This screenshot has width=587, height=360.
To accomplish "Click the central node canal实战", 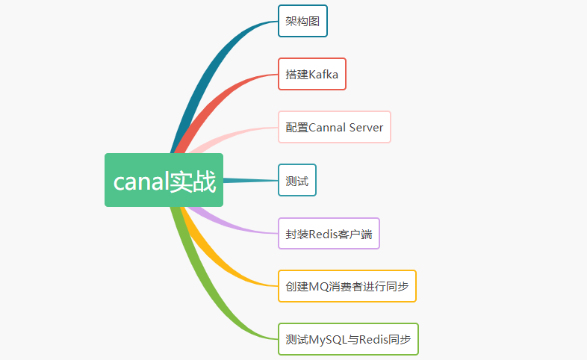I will click(x=164, y=180).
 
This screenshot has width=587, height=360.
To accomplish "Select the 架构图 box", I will click(x=302, y=21).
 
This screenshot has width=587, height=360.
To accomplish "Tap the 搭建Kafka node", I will click(x=312, y=74).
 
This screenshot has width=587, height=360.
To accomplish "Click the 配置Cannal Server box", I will click(x=335, y=127).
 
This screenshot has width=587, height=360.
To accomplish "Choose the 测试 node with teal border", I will click(x=297, y=180).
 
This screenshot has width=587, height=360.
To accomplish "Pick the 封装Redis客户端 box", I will click(x=329, y=233).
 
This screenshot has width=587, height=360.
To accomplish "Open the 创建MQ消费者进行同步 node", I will click(x=347, y=286).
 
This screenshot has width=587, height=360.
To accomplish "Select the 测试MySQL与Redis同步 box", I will click(x=348, y=339).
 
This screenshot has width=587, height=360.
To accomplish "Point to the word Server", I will click(x=366, y=127).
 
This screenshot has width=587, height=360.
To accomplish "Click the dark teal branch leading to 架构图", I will click(x=217, y=60).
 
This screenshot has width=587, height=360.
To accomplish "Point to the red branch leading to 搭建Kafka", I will click(x=224, y=93).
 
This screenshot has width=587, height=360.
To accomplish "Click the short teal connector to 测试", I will click(x=250, y=180).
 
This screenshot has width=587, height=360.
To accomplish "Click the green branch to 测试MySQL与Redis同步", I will click(x=217, y=299).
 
